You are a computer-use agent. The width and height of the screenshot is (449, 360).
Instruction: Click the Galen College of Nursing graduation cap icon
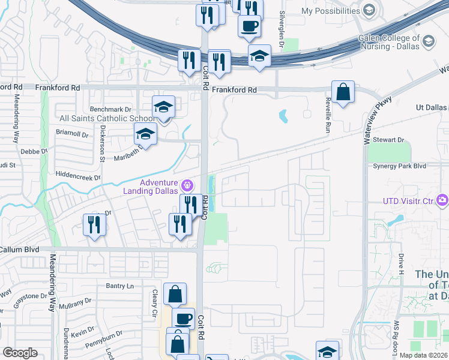[429, 41]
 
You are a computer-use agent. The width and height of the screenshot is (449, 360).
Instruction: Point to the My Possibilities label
[330, 11]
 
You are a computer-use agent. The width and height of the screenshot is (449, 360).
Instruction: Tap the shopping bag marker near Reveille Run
[342, 93]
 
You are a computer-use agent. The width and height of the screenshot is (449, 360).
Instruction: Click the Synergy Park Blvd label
[399, 166]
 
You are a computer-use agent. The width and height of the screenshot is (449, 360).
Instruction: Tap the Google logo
[20, 353]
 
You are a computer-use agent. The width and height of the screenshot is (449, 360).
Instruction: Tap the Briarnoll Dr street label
[72, 134]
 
